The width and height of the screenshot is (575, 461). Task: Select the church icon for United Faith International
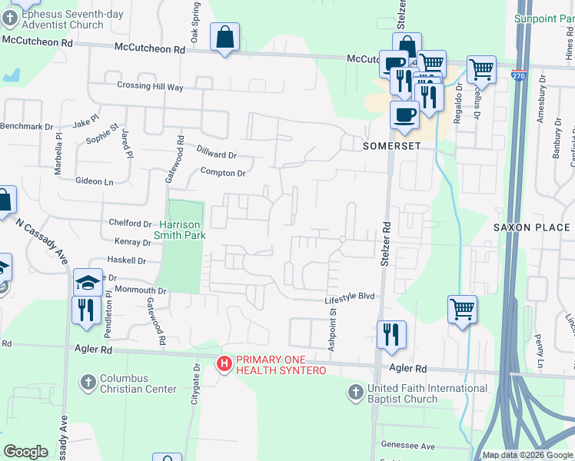point(355,392)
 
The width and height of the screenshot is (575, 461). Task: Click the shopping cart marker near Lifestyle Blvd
point(462,310)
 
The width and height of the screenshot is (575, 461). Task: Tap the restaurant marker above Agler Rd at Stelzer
point(391,334)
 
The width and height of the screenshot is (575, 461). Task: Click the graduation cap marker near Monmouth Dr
point(88,283)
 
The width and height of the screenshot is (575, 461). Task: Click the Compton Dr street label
point(223,173)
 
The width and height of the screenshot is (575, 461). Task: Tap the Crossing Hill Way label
point(150,87)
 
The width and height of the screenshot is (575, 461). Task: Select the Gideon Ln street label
point(95,181)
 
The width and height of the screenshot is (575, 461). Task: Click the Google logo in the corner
point(26,452)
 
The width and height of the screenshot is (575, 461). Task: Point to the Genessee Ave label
point(408,446)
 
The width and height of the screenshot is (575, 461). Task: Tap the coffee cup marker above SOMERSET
point(404,115)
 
